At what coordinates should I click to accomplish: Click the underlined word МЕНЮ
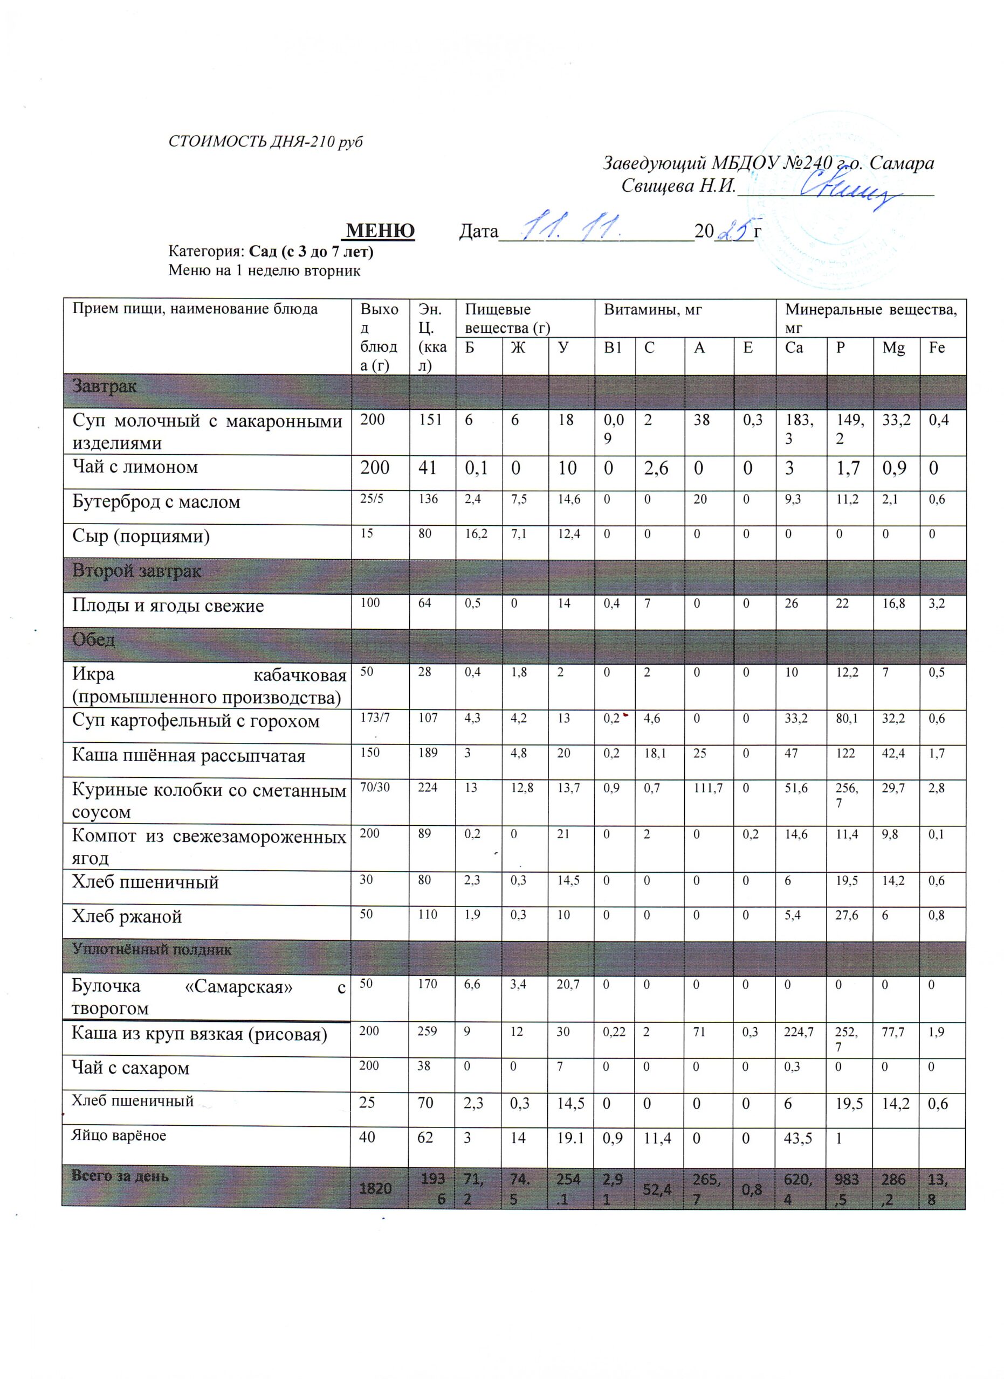click(x=380, y=231)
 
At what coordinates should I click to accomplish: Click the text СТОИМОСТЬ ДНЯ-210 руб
click(x=265, y=142)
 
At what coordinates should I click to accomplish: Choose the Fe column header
click(x=937, y=348)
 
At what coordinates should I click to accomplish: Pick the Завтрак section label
click(x=104, y=386)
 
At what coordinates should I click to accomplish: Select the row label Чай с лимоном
click(x=135, y=467)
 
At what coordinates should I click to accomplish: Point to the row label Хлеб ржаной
click(x=127, y=916)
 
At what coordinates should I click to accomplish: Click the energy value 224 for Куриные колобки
click(x=428, y=788)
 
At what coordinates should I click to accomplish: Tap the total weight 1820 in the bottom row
click(x=375, y=1187)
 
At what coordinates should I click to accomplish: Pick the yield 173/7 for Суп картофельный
click(x=375, y=718)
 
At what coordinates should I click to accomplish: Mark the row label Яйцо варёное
click(x=119, y=1135)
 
